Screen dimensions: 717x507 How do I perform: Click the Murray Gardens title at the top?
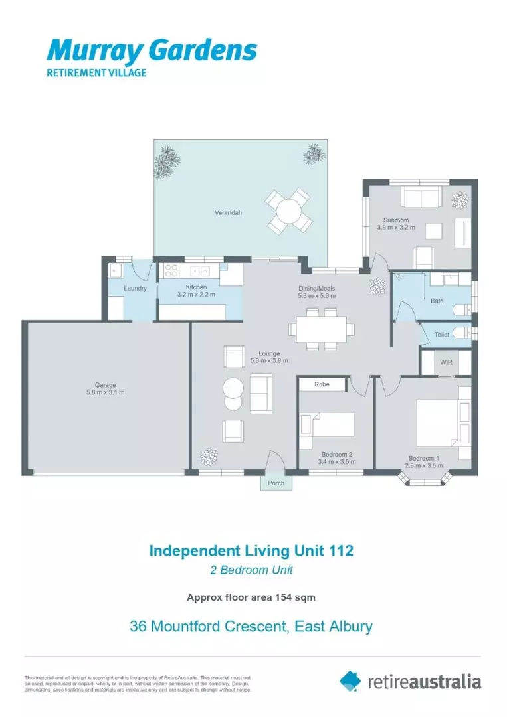pyautogui.click(x=152, y=51)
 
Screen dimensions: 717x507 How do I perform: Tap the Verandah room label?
pyautogui.click(x=228, y=213)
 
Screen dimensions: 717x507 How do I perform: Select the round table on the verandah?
pyautogui.click(x=288, y=211)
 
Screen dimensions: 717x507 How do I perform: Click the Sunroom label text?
pyautogui.click(x=395, y=220)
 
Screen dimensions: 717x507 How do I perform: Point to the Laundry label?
pyautogui.click(x=136, y=289)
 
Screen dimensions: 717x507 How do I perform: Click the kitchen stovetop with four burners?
pyautogui.click(x=171, y=270)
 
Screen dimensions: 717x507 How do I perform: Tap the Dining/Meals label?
pyautogui.click(x=316, y=289)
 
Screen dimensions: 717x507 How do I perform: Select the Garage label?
pyautogui.click(x=106, y=385)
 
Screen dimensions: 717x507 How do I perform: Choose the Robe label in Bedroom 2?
pyautogui.click(x=322, y=384)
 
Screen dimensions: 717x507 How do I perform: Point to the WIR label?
pyautogui.click(x=446, y=362)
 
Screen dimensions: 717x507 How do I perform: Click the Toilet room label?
pyautogui.click(x=442, y=335)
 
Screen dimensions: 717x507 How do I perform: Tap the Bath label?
pyautogui.click(x=437, y=301)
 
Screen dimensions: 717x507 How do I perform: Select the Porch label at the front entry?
pyautogui.click(x=276, y=483)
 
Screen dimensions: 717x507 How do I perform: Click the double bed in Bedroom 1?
pyautogui.click(x=437, y=422)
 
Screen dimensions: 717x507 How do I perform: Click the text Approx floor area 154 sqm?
pyautogui.click(x=251, y=597)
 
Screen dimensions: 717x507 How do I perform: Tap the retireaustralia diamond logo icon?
pyautogui.click(x=350, y=680)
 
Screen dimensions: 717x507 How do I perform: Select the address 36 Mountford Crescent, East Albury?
pyautogui.click(x=251, y=626)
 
